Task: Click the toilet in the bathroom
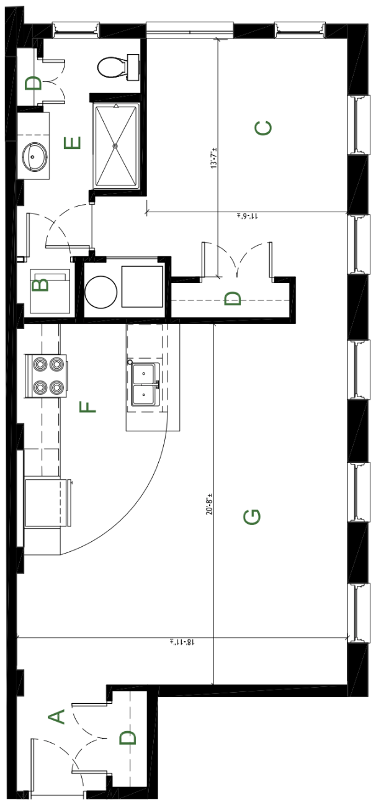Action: [x=119, y=67]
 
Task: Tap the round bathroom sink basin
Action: [x=35, y=156]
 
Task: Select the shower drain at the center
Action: [x=115, y=146]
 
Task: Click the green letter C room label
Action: [x=263, y=128]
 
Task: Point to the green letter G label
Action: [x=252, y=517]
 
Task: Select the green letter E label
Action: [x=72, y=143]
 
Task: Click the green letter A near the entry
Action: [x=56, y=717]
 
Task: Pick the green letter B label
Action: [x=40, y=286]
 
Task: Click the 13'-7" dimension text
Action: [x=215, y=158]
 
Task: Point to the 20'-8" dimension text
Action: [x=209, y=504]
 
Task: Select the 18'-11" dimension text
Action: [x=182, y=642]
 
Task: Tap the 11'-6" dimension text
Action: [x=248, y=216]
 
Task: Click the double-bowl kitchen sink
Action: [x=145, y=384]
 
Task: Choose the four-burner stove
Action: [x=46, y=376]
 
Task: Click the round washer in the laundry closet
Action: [x=101, y=292]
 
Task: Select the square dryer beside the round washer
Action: [x=142, y=286]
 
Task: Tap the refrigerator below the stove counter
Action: [x=48, y=502]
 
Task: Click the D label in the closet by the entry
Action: [x=128, y=737]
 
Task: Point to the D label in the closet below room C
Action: [x=233, y=299]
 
